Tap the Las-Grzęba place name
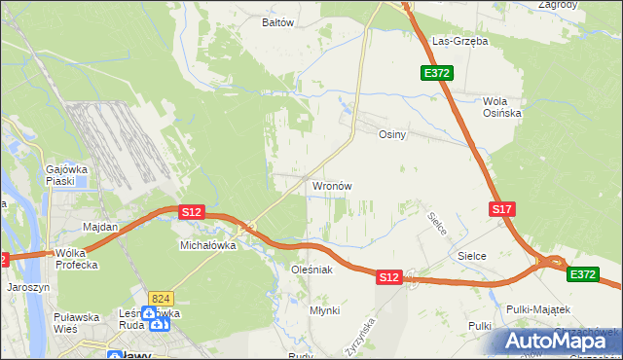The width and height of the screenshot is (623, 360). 459,42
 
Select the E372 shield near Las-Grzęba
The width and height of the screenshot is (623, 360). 436,73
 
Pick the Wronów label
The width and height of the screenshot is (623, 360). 331,185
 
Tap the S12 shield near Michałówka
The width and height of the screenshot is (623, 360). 191,211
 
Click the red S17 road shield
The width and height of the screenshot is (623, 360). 501,209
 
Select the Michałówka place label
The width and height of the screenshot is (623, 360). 208,246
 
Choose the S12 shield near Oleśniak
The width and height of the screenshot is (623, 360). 388,277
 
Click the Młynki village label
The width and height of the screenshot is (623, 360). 324,310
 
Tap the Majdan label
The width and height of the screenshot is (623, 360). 100,227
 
